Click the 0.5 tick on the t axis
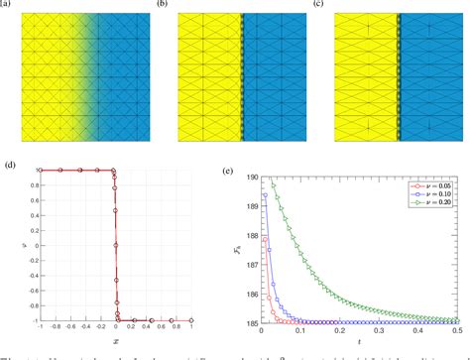(x=462, y=332)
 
